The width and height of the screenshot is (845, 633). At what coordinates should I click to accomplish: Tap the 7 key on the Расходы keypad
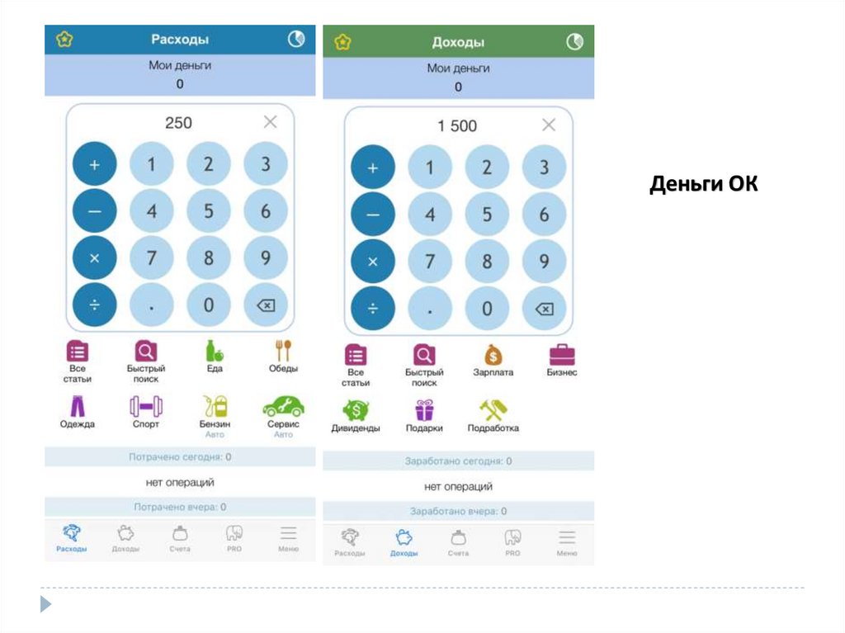point(151,257)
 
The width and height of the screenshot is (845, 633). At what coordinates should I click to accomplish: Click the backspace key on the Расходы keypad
point(266,305)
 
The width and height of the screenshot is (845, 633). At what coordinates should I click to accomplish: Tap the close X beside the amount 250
point(270,122)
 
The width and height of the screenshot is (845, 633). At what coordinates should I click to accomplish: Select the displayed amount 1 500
point(457,125)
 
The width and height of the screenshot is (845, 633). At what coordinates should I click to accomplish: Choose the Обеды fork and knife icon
point(283,350)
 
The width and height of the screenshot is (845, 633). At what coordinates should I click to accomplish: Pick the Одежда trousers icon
point(77,406)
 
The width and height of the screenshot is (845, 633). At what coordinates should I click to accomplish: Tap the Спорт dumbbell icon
point(146,406)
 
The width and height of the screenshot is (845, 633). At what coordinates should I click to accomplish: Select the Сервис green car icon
point(283,406)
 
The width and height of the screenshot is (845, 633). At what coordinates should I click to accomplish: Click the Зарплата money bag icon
point(493,355)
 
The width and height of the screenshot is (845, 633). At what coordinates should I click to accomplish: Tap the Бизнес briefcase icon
point(562,355)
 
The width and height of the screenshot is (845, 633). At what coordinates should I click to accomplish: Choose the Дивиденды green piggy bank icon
point(356,410)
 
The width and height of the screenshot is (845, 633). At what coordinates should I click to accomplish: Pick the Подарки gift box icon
point(424,410)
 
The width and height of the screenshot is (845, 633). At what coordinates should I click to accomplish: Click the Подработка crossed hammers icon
point(493,410)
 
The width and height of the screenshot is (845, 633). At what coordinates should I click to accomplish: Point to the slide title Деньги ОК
point(703,183)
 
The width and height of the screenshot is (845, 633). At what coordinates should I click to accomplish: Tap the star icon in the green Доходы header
point(343,41)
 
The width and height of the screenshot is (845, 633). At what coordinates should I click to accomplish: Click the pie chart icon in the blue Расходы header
point(295,39)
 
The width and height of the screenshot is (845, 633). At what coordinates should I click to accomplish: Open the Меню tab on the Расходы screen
point(288,538)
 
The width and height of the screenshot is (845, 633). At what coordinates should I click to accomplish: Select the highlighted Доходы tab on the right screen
point(404,542)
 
